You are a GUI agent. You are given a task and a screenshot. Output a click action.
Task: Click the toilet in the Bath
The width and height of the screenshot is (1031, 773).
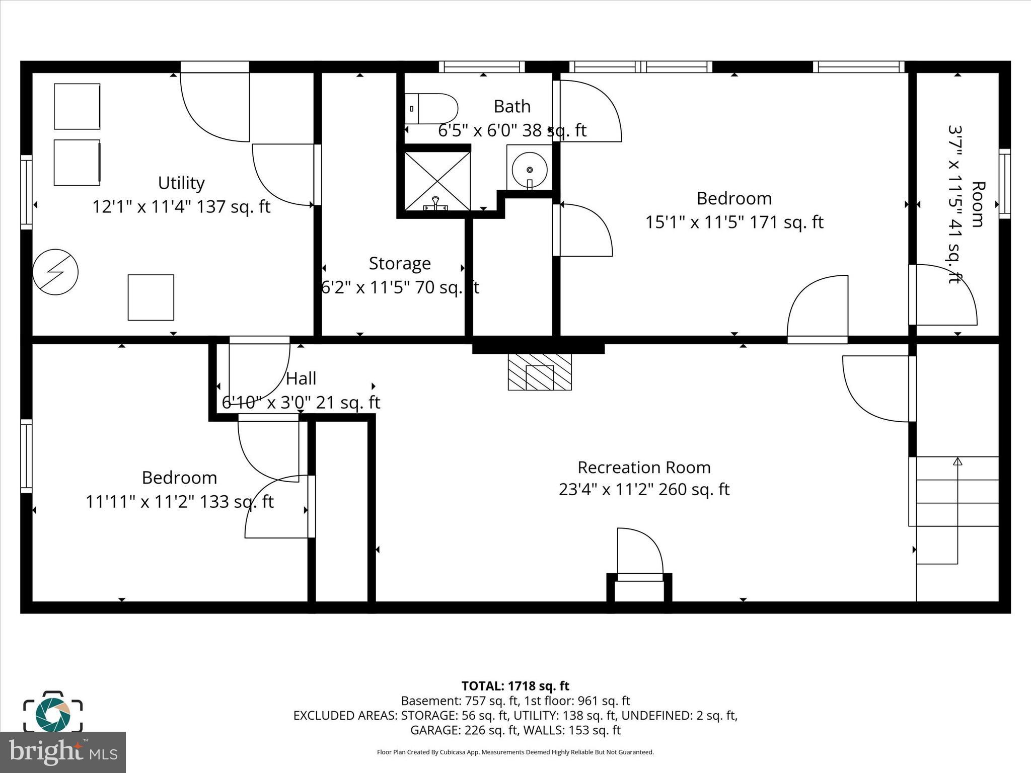click(x=431, y=109)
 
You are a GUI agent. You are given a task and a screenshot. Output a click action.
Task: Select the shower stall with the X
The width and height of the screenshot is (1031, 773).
click(x=437, y=181)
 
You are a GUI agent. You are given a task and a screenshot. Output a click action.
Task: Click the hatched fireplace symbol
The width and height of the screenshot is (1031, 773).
click(x=540, y=372)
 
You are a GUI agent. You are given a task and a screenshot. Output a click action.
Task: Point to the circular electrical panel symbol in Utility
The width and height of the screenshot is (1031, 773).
click(x=55, y=272)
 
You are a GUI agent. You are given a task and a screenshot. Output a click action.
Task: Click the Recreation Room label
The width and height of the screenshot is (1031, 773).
click(x=644, y=468)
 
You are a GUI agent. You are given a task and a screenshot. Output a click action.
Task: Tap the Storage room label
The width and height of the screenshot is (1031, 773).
click(x=400, y=263)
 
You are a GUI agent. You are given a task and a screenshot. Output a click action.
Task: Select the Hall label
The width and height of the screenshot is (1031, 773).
click(x=301, y=378)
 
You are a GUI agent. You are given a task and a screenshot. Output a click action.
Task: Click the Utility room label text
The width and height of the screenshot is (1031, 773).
click(x=181, y=183)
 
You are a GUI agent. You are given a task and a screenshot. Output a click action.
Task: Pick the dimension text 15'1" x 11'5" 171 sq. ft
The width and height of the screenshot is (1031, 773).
click(x=734, y=222)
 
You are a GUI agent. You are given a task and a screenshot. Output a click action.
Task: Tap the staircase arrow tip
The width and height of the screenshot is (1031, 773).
click(x=958, y=461)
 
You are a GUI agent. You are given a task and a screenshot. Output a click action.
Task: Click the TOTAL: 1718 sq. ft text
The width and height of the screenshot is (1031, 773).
click(x=515, y=686)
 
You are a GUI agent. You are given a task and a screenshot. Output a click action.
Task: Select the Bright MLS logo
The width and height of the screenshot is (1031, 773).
click(x=63, y=752)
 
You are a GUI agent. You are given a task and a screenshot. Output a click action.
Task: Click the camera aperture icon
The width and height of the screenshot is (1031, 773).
click(x=52, y=714)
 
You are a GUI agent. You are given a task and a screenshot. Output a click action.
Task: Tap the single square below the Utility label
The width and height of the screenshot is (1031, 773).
click(x=151, y=297)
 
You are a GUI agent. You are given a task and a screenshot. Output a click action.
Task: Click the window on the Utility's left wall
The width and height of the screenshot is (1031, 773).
click(x=26, y=193)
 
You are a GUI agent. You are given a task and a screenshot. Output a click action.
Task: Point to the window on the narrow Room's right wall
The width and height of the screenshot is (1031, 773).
click(x=1004, y=184)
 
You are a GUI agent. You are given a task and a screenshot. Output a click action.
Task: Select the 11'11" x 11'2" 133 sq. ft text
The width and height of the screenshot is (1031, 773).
click(x=179, y=502)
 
